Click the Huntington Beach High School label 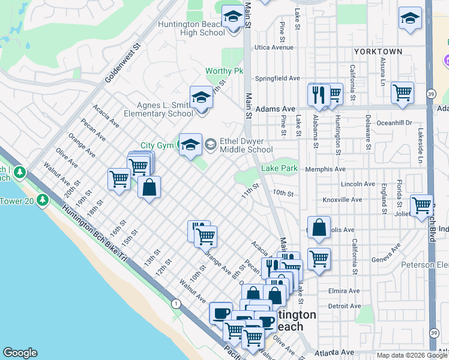point(191,28)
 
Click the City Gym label point(156,145)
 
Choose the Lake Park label point(279,169)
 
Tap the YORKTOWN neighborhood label point(378,52)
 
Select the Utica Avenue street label point(274,47)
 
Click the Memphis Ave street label point(325,170)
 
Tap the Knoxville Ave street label point(342,199)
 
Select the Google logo point(20,353)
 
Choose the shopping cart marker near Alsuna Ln point(402,93)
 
